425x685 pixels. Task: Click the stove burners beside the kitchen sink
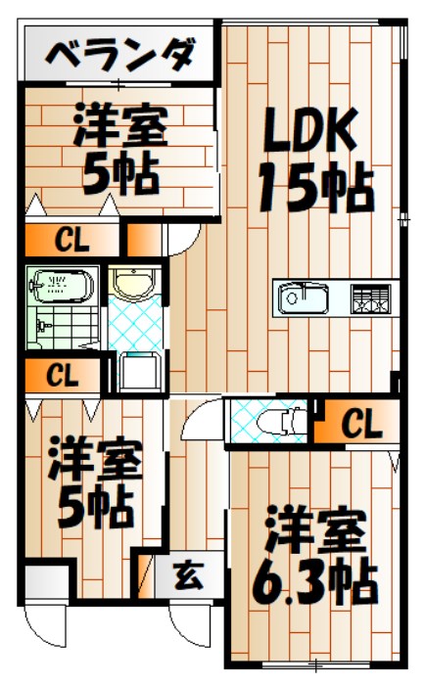[369, 297]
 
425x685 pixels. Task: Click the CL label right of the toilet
[361, 424]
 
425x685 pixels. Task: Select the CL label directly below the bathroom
[60, 374]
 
